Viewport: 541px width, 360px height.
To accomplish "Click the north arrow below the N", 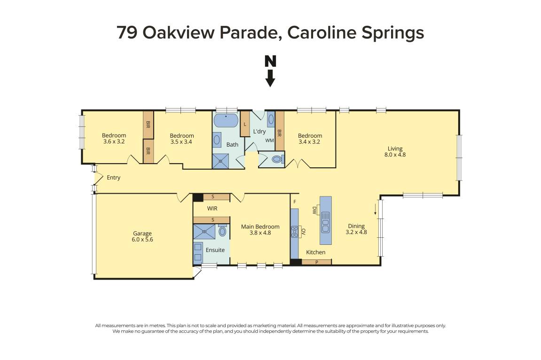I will (270, 78).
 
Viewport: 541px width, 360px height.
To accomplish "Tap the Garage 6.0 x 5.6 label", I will (142, 236).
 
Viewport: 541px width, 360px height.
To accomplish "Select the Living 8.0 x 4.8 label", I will (395, 151).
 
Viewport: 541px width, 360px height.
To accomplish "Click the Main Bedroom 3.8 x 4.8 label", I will (260, 229).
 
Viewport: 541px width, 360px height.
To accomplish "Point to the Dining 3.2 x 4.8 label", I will (356, 229).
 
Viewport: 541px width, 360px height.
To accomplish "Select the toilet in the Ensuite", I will (222, 231).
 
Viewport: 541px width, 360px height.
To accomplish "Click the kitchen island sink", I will (325, 222).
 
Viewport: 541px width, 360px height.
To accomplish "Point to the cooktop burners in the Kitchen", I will (295, 232).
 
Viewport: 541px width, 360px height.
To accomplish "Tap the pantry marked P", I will (316, 262).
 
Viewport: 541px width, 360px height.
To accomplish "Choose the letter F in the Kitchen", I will (295, 202).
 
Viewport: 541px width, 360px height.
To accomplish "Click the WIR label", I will (212, 208).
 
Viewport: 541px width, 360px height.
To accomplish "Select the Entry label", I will (113, 178).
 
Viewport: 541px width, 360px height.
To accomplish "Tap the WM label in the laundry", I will (269, 141).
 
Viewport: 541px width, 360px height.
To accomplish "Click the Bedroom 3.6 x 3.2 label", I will (114, 138).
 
